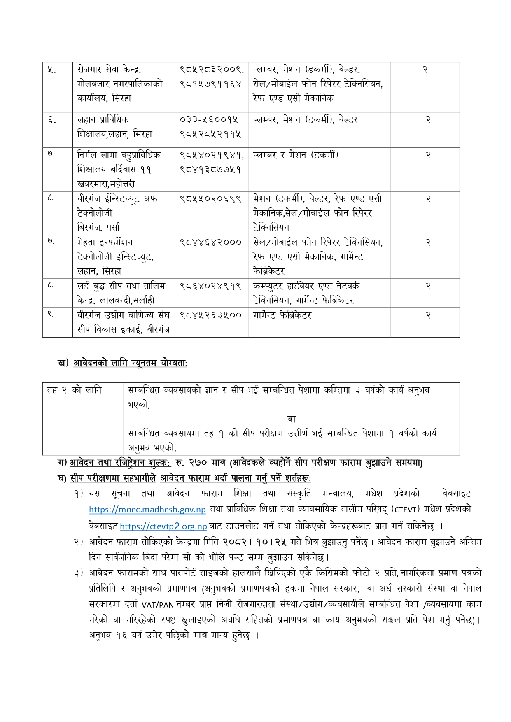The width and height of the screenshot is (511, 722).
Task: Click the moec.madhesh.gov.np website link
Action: (147, 510)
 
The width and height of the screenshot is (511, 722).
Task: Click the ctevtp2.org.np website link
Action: (163, 526)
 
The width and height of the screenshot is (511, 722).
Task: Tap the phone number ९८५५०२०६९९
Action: (210, 199)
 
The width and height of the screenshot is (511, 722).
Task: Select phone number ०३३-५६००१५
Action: (209, 120)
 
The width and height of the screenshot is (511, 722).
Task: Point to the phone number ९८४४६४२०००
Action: (210, 242)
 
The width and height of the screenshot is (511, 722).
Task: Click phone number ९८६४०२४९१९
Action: (210, 286)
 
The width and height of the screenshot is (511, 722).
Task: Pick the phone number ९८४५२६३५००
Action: (210, 315)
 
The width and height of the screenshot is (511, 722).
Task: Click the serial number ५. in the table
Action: (51, 70)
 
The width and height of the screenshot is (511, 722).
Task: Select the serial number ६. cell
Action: (51, 120)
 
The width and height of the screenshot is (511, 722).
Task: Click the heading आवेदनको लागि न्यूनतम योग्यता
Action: (130, 363)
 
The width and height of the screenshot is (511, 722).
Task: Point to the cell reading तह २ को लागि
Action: (74, 390)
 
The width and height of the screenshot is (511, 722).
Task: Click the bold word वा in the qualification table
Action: (291, 419)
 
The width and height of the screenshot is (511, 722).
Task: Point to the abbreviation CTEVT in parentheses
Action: (405, 510)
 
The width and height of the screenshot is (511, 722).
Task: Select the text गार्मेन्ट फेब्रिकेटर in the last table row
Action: (282, 315)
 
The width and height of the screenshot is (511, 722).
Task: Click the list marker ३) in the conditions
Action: (79, 573)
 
